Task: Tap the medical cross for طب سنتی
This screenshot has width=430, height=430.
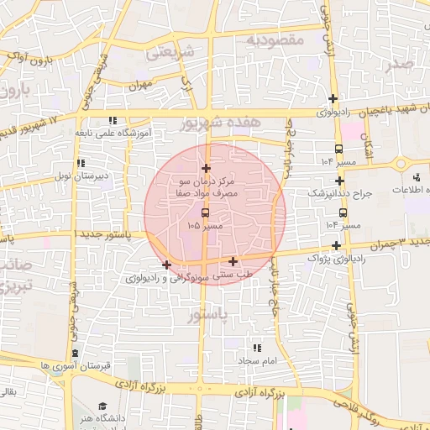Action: pyautogui.click(x=233, y=261)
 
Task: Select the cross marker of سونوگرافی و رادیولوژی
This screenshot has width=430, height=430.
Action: pyautogui.click(x=167, y=265)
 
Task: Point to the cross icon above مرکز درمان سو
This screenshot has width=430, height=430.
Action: pyautogui.click(x=207, y=169)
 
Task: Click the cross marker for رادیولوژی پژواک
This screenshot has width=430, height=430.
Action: pyautogui.click(x=337, y=246)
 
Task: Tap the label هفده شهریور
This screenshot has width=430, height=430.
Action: pyautogui.click(x=221, y=123)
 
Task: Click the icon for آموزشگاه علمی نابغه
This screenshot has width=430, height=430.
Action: pyautogui.click(x=112, y=119)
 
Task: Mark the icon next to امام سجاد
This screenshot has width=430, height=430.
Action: pyautogui.click(x=256, y=347)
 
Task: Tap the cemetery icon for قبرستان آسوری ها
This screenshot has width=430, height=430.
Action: pyautogui.click(x=76, y=354)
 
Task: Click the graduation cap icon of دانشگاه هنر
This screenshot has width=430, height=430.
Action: pyautogui.click(x=102, y=405)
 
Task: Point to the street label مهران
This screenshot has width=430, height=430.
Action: pyautogui.click(x=139, y=85)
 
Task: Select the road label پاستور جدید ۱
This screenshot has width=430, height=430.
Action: pyautogui.click(x=103, y=233)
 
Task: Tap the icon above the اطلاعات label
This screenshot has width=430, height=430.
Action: pyautogui.click(x=417, y=177)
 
